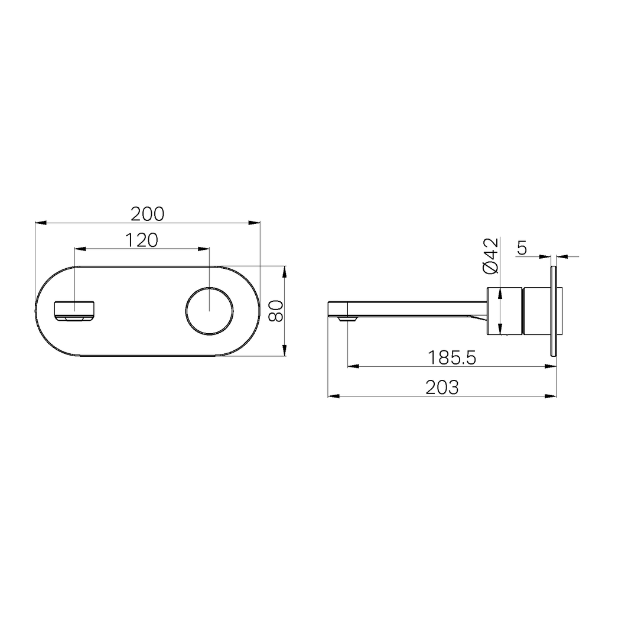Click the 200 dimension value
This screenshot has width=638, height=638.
tap(147, 213)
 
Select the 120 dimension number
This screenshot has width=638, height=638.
tap(141, 240)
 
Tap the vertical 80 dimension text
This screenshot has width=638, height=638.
tap(276, 310)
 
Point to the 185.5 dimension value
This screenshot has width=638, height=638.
tap(452, 357)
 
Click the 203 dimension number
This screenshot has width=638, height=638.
tap(442, 388)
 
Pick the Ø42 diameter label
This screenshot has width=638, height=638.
tap(491, 255)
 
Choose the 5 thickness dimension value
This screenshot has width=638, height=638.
tap(522, 248)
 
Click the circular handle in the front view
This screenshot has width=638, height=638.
tap(210, 311)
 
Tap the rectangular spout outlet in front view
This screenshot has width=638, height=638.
tap(74, 311)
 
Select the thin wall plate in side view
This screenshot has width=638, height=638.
tap(554, 311)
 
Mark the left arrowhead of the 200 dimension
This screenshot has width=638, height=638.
tap(41, 223)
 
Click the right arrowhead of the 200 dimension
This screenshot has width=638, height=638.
tap(255, 223)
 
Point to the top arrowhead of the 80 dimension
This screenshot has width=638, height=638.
tap(285, 272)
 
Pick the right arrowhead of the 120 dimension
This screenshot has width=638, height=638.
tap(204, 249)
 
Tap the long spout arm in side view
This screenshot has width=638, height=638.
tap(414, 307)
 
